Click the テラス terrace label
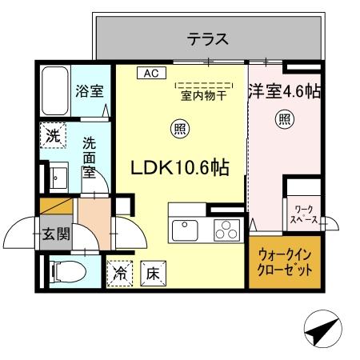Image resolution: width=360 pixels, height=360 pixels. point(209,38)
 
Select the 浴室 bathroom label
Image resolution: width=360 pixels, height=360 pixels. point(89,90)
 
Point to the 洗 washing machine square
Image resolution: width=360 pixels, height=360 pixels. point(52,135)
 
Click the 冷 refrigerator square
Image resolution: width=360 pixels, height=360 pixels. point(120,273)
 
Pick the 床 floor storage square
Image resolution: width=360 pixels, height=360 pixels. point(152,273)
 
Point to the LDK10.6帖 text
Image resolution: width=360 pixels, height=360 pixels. point(181,168)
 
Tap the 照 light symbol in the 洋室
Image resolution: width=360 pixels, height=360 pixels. point(285,120)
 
